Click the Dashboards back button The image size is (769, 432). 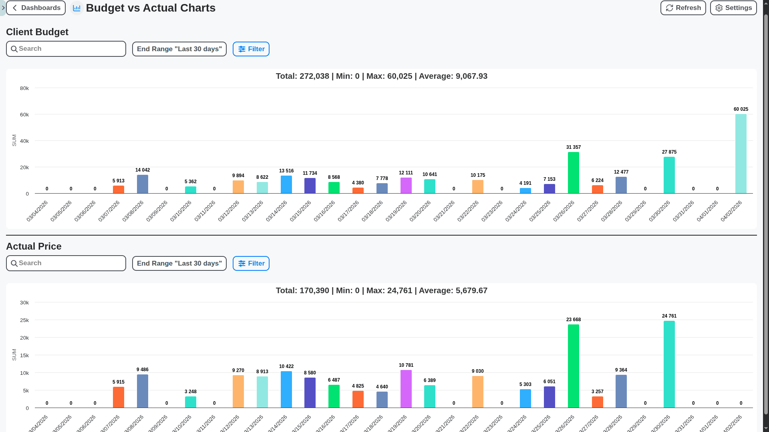[x=36, y=8]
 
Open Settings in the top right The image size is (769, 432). [x=733, y=8]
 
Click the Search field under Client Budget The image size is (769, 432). [x=66, y=49]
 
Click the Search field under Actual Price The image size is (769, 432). [x=66, y=263]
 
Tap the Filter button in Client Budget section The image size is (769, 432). [x=251, y=49]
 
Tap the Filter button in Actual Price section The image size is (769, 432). [x=251, y=264]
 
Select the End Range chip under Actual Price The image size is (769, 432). [x=179, y=264]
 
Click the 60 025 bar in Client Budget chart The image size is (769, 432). [x=741, y=154]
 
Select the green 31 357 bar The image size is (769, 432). [x=573, y=173]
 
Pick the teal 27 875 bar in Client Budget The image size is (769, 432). [x=669, y=175]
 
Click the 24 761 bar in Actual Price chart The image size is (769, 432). [x=669, y=364]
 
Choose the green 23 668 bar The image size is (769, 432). [x=573, y=366]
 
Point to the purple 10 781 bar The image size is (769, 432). [x=406, y=389]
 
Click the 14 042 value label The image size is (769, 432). [x=143, y=170]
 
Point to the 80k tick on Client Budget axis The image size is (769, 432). [x=24, y=88]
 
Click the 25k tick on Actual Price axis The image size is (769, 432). [x=24, y=320]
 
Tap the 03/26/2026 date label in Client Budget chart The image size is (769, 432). [x=564, y=211]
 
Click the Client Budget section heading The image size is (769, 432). [x=37, y=32]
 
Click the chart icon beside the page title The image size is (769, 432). [x=76, y=8]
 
